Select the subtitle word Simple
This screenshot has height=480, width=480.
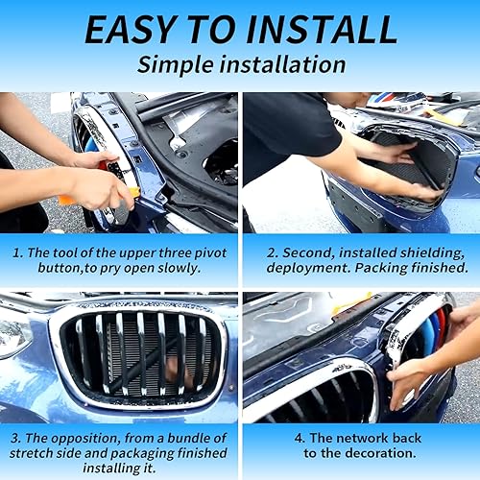177,65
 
